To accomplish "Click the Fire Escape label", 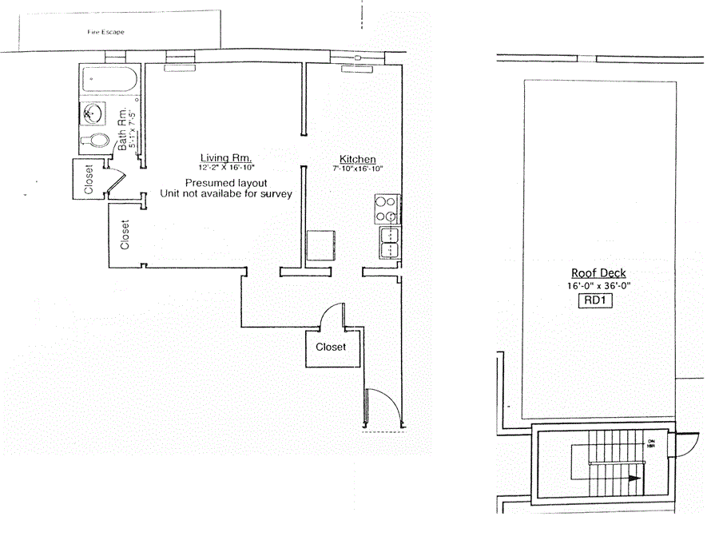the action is (x=105, y=33).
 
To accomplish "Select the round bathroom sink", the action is (x=92, y=114).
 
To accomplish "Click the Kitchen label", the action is (x=357, y=159).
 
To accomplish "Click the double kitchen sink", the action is (x=390, y=243).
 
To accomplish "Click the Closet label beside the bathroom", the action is (x=88, y=180).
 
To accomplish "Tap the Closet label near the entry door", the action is (x=331, y=347).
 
